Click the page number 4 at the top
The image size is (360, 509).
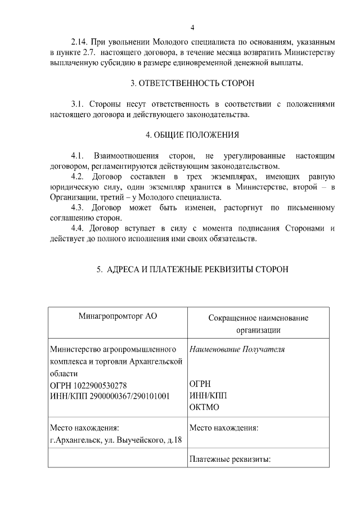point(192,28)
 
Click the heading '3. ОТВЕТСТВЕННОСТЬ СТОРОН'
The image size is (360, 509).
point(192,83)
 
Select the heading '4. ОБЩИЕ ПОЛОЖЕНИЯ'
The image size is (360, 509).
point(192,135)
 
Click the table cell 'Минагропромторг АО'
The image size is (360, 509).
point(117,316)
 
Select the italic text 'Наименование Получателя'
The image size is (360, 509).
point(237,349)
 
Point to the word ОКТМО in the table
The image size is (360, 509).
point(204,407)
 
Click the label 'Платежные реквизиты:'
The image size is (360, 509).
point(230,459)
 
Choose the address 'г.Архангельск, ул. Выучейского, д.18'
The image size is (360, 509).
point(115,439)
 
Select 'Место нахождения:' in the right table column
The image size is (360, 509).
point(224,428)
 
